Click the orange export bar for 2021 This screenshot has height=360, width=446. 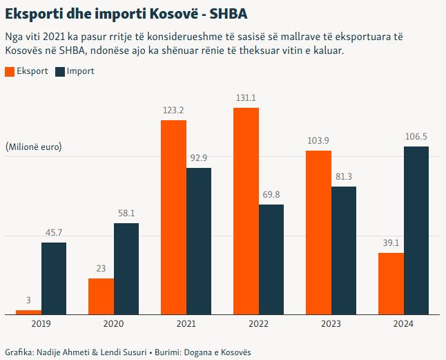point(173,218)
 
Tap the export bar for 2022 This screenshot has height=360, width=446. point(246,211)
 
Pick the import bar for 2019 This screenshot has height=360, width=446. point(54,278)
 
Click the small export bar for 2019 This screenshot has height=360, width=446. point(28,312)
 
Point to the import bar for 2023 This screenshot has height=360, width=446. point(344,250)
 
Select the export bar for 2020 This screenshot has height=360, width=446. point(101,296)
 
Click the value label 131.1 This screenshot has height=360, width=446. point(246,98)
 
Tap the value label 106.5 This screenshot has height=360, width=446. point(416,137)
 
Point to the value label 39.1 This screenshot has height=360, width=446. point(391,243)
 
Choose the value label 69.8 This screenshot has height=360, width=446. point(271,195)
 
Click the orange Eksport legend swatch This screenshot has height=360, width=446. point(9,71)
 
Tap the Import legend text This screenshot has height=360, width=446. point(81,71)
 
